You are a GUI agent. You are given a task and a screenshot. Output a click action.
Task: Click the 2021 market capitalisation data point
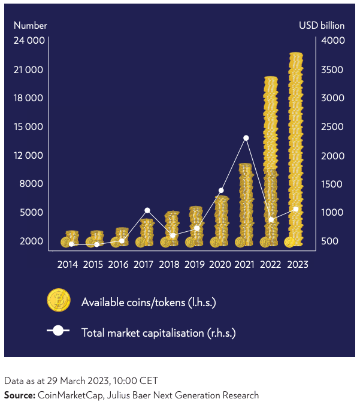point(246,138)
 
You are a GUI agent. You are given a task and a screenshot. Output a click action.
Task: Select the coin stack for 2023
point(295,150)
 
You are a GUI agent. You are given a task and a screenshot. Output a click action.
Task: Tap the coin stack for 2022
point(271,162)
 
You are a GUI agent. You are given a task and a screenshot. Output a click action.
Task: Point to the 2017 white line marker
point(147,210)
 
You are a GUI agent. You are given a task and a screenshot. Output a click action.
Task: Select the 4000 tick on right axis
point(332,41)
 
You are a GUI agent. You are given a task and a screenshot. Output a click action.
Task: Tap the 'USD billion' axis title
point(322,25)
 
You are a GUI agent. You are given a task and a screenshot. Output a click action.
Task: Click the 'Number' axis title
point(31,25)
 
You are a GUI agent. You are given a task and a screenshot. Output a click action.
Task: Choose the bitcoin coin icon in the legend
point(59,300)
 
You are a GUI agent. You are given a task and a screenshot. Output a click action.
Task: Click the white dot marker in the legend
point(58,331)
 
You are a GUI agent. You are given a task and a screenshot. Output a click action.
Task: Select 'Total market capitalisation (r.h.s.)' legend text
point(158,332)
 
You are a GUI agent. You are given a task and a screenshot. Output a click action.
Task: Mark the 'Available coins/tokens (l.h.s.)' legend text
point(149,302)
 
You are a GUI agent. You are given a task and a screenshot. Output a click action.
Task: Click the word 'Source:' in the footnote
point(20,395)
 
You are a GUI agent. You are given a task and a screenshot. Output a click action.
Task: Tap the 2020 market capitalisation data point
point(221,191)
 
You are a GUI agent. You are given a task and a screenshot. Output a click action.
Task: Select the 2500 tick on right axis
point(332,126)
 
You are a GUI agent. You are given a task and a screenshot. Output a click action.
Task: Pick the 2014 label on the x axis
point(68,264)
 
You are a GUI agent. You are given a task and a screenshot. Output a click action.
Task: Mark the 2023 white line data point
point(295,209)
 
